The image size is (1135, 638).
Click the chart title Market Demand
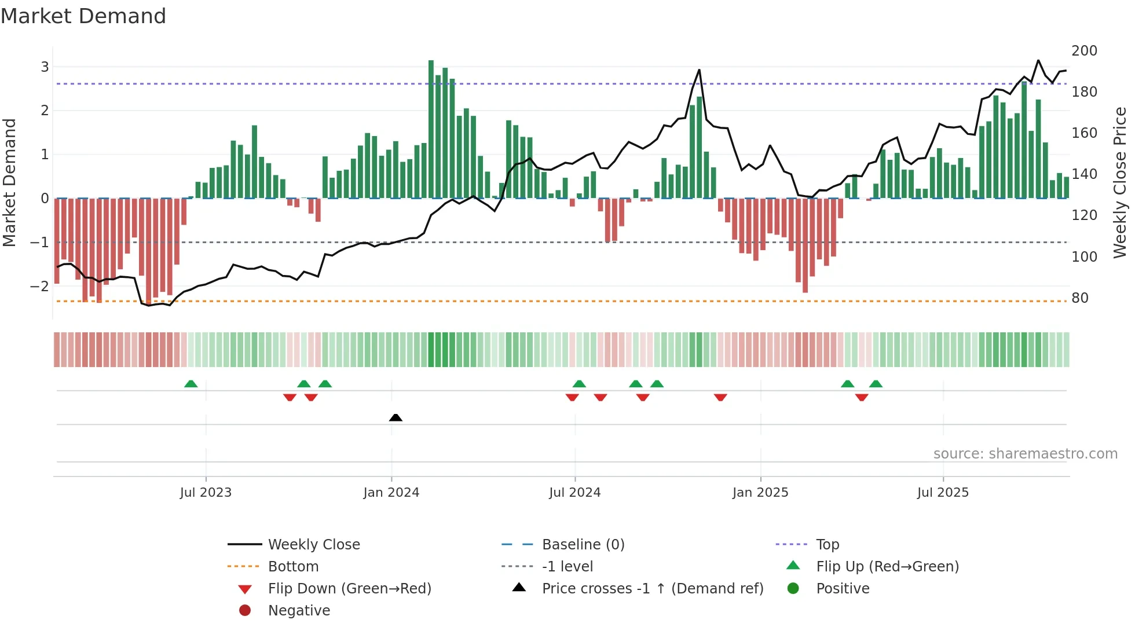click(83, 16)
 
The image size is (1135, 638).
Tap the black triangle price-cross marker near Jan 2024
click(396, 417)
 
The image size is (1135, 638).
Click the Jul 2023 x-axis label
click(206, 493)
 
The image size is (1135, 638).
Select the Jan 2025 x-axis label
click(760, 493)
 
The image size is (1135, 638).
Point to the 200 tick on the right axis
click(1084, 51)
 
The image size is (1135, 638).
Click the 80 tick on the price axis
click(1079, 298)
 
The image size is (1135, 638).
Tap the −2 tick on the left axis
click(39, 286)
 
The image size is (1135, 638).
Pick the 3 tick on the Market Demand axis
click(45, 67)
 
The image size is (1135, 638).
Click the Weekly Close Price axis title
click(1120, 182)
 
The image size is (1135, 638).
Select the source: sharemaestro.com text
click(1025, 454)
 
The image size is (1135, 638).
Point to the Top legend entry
click(827, 545)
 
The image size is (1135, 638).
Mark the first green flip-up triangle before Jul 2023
click(191, 384)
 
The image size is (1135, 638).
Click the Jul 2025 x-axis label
click(942, 493)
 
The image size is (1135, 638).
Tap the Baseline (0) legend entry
click(583, 545)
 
